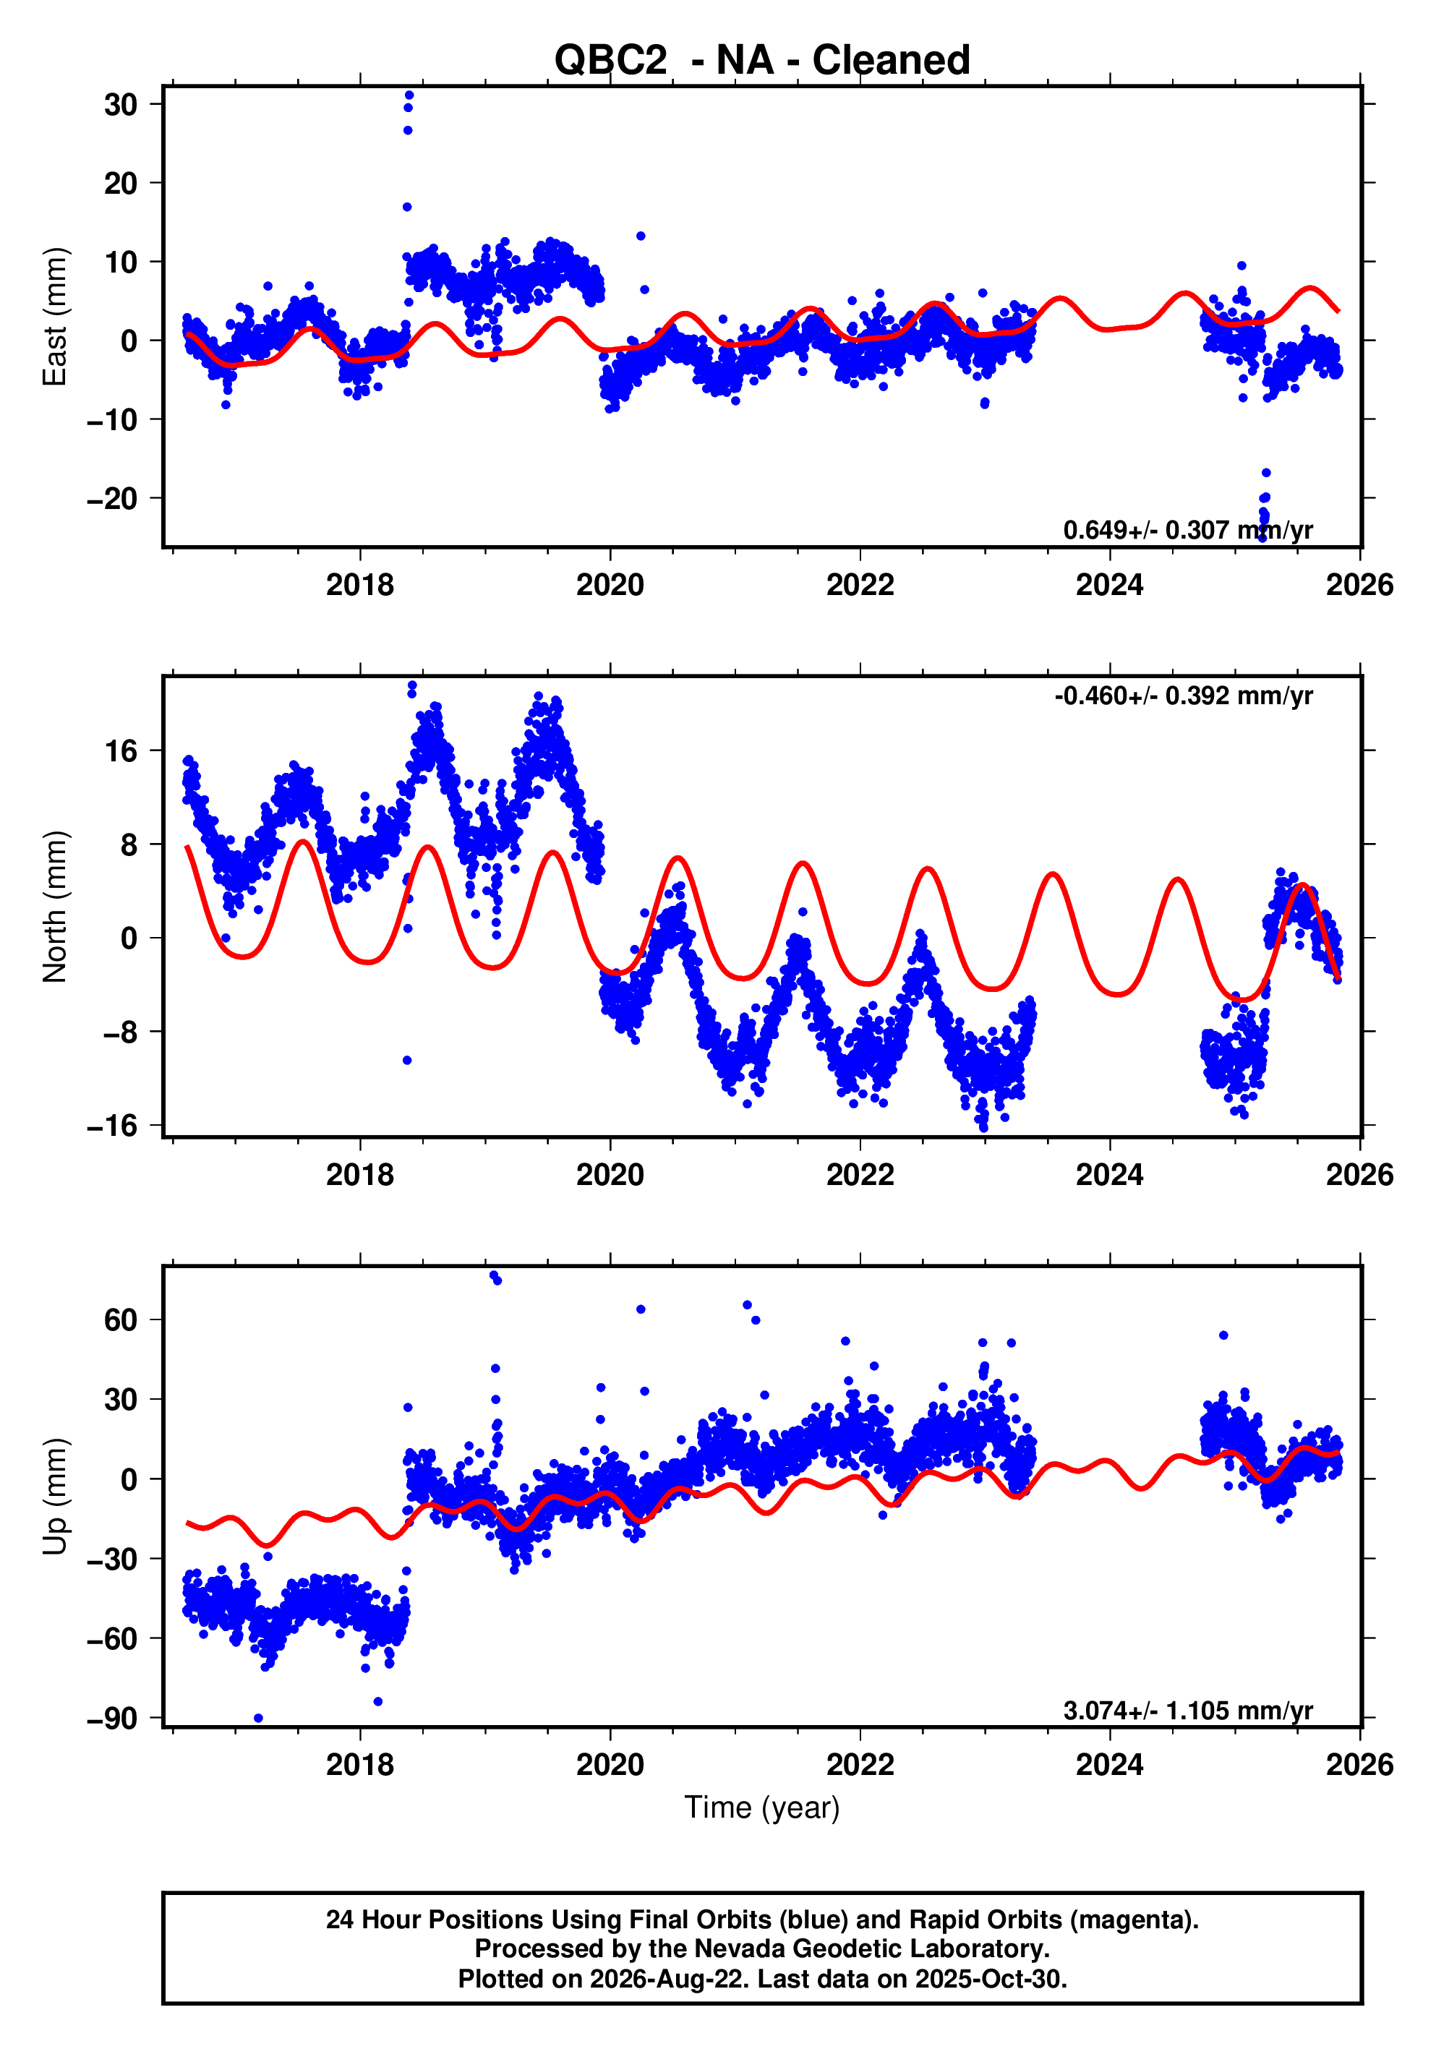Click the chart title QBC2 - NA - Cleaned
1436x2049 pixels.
click(x=761, y=61)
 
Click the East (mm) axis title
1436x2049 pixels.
click(x=54, y=317)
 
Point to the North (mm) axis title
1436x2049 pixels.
click(x=54, y=907)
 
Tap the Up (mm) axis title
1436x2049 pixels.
click(x=54, y=1496)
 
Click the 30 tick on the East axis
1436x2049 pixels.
click(x=121, y=104)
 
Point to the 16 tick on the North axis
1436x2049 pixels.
click(x=121, y=750)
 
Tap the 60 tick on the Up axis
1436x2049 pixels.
click(x=121, y=1320)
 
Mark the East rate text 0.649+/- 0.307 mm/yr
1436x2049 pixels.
click(x=1188, y=530)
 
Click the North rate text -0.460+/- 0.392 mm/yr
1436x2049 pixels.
click(x=1184, y=696)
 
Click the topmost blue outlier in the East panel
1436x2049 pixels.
click(x=409, y=95)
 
